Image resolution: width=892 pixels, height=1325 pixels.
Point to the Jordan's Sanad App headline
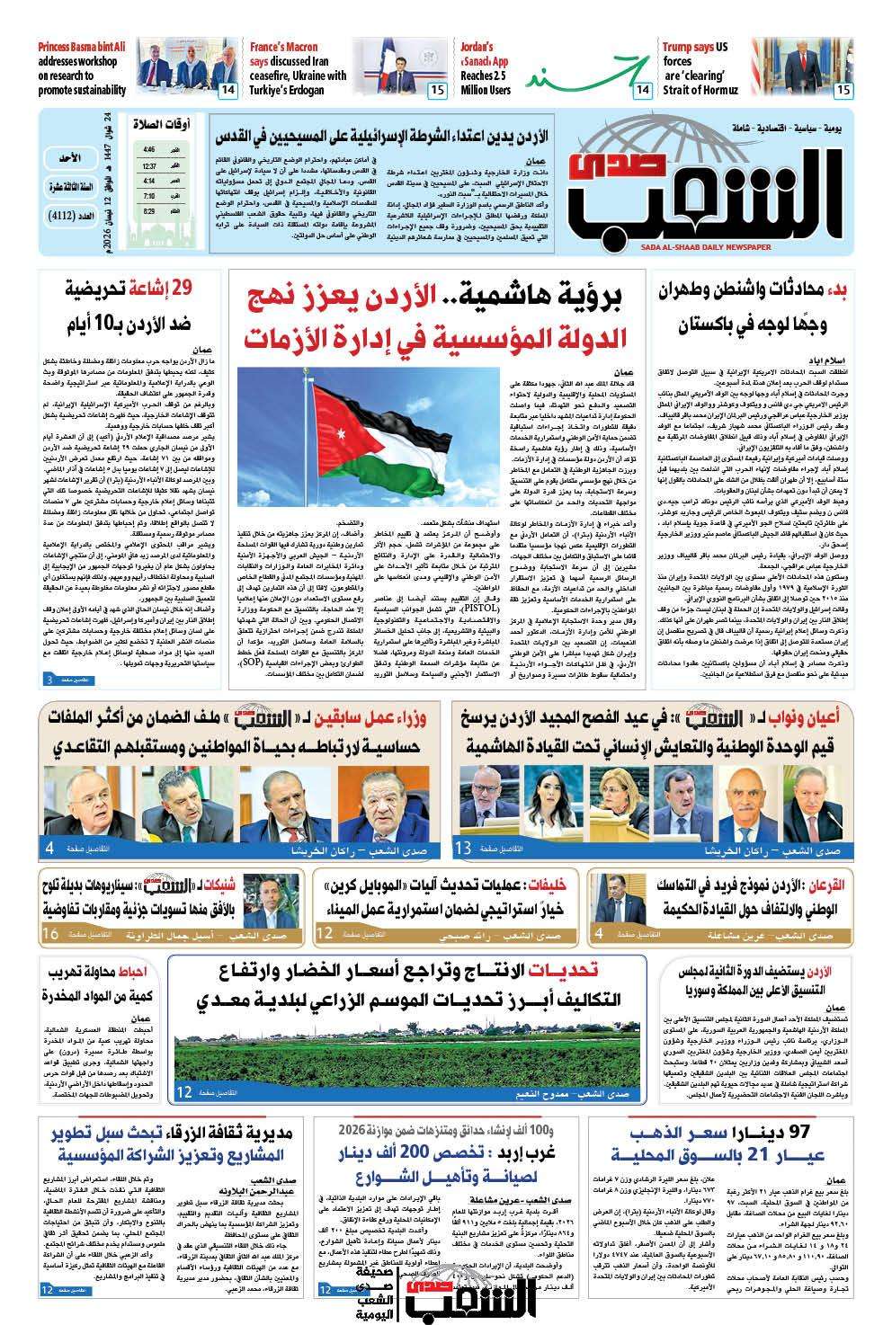click(x=486, y=67)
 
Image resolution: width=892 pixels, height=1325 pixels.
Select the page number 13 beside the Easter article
click(x=464, y=848)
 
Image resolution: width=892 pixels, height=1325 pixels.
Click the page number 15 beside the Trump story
click(x=843, y=90)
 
